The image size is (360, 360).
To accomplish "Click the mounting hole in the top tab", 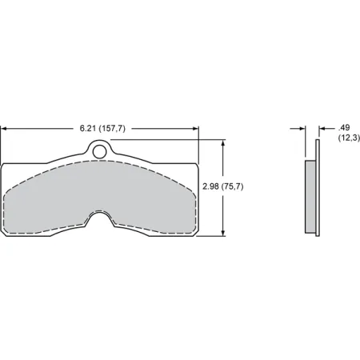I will click(x=99, y=149).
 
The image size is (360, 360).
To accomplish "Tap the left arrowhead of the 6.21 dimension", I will click(x=4, y=128).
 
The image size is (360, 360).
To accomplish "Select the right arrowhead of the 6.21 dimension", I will click(x=195, y=128).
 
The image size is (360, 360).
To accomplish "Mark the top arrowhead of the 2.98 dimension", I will click(x=223, y=142).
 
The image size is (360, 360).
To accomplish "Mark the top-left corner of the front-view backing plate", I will click(x=4, y=164).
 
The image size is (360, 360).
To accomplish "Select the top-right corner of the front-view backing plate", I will click(x=196, y=164).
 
